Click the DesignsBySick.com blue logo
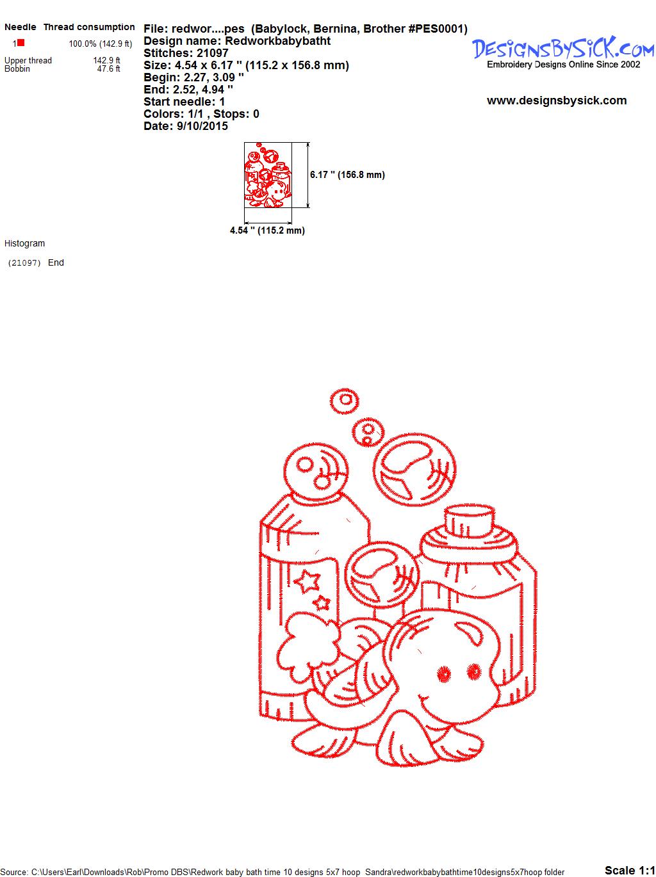(x=563, y=48)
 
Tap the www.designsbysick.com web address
(x=557, y=101)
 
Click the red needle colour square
(x=20, y=42)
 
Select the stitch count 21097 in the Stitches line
(x=212, y=52)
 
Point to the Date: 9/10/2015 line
(x=186, y=126)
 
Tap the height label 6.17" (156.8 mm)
(x=347, y=175)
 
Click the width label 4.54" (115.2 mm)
(x=267, y=230)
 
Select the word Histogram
(x=24, y=243)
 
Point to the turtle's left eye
(x=443, y=673)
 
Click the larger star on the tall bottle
(x=307, y=581)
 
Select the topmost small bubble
(x=344, y=400)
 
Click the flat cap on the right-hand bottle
(x=470, y=520)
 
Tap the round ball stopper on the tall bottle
(x=316, y=471)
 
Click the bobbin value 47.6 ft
(x=108, y=68)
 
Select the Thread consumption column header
(x=89, y=27)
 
